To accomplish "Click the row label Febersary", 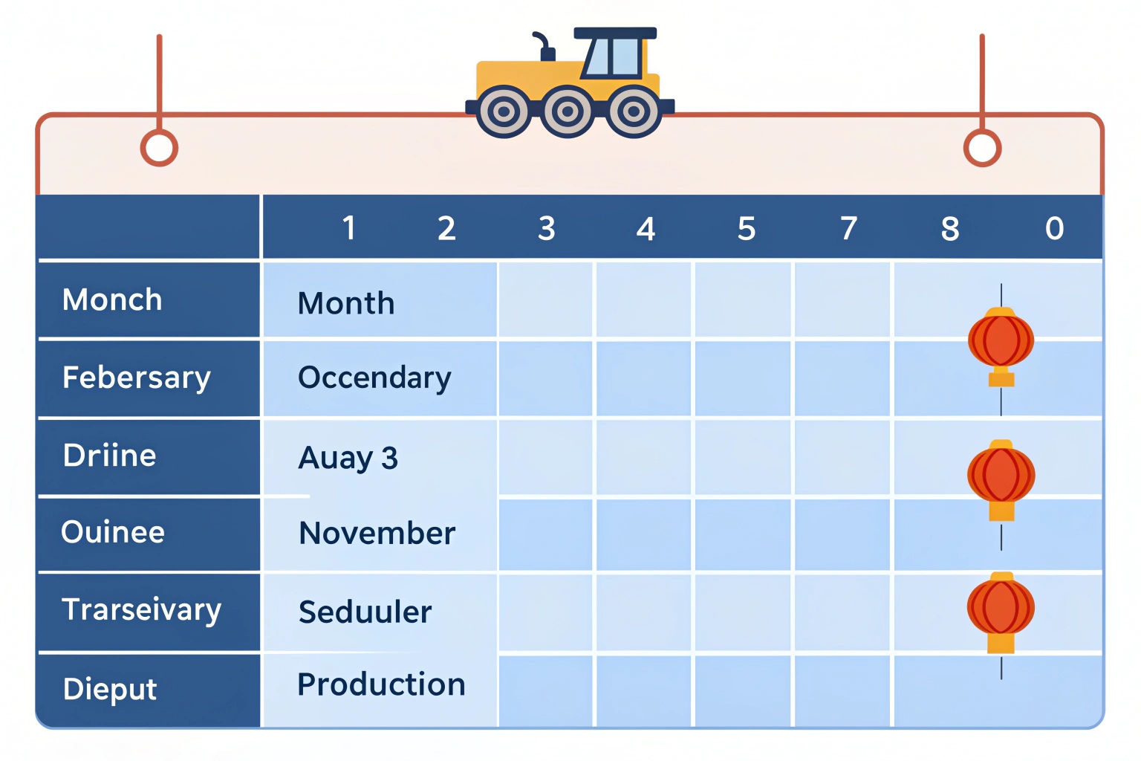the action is pyautogui.click(x=137, y=378).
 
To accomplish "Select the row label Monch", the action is pyautogui.click(x=112, y=299).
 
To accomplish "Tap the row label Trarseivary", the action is pyautogui.click(x=142, y=609).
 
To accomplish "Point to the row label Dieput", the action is pyautogui.click(x=110, y=690).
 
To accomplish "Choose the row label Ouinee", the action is pyautogui.click(x=113, y=532).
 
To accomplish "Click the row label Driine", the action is pyautogui.click(x=109, y=455).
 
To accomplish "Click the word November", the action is pyautogui.click(x=377, y=534).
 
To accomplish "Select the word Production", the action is pyautogui.click(x=381, y=684).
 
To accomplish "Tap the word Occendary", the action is pyautogui.click(x=374, y=378).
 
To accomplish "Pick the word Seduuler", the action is pyautogui.click(x=365, y=612).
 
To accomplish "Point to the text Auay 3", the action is pyautogui.click(x=348, y=459).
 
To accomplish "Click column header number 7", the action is pyautogui.click(x=848, y=228).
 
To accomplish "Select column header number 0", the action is pyautogui.click(x=1054, y=228).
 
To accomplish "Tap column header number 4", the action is pyautogui.click(x=646, y=228).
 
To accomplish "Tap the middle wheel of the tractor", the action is pyautogui.click(x=567, y=111).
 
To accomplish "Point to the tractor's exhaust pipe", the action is pyautogui.click(x=544, y=46).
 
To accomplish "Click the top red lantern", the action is pyautogui.click(x=1001, y=346).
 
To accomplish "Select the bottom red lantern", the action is pyautogui.click(x=1001, y=612).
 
